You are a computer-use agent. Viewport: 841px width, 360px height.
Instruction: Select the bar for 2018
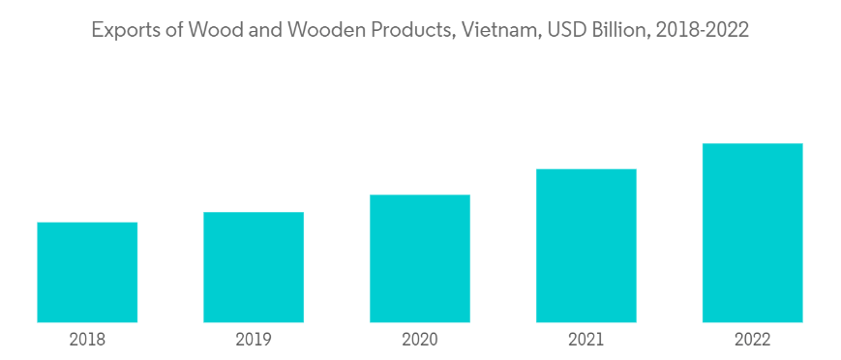(x=87, y=272)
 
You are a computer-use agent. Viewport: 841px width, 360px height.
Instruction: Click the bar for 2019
(x=254, y=267)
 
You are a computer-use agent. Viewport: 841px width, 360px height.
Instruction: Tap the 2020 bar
(x=420, y=258)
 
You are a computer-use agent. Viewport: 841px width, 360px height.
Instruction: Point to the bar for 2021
(x=586, y=246)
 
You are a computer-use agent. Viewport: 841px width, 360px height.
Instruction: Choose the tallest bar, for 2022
(x=753, y=233)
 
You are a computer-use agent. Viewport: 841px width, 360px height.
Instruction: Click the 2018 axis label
(x=87, y=340)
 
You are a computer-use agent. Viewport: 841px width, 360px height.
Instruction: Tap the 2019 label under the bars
(x=254, y=340)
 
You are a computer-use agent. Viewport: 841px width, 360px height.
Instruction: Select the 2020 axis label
(x=420, y=340)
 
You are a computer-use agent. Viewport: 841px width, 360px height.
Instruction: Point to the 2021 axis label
(x=586, y=340)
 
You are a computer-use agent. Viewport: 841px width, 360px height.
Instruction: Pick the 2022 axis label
(x=753, y=340)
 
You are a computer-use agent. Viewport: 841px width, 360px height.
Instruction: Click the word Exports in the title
(x=126, y=31)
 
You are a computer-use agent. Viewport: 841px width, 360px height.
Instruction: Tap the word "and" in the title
(x=264, y=30)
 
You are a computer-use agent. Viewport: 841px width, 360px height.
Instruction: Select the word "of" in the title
(x=174, y=30)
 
